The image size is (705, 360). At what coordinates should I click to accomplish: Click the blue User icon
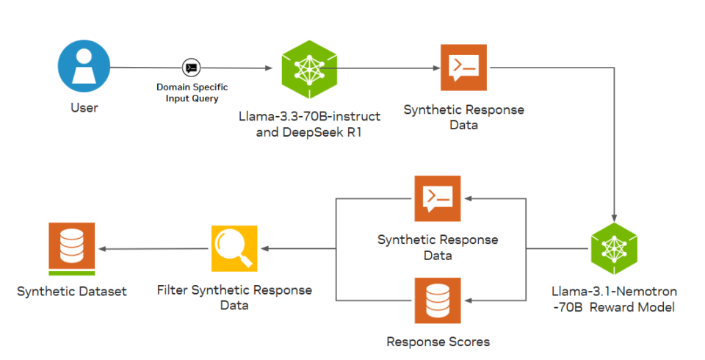pyautogui.click(x=84, y=67)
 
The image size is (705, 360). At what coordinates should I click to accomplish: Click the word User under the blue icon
pyautogui.click(x=84, y=108)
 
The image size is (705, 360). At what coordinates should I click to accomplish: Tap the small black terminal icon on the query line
pyautogui.click(x=191, y=68)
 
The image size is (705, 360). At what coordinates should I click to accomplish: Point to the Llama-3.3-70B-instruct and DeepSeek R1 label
pyautogui.click(x=309, y=124)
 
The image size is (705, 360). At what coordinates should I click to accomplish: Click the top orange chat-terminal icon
pyautogui.click(x=463, y=68)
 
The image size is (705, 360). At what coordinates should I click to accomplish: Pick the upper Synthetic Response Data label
pyautogui.click(x=463, y=117)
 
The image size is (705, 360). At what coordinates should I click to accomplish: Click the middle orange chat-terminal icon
pyautogui.click(x=438, y=198)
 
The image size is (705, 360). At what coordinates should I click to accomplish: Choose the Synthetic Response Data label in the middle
pyautogui.click(x=438, y=248)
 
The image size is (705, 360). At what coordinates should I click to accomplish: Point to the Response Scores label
pyautogui.click(x=438, y=342)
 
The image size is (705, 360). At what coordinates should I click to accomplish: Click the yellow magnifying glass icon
pyautogui.click(x=234, y=248)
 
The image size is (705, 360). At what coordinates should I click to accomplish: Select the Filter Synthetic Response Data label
pyautogui.click(x=234, y=298)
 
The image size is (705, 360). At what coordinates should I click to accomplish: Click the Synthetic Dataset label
pyautogui.click(x=72, y=292)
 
